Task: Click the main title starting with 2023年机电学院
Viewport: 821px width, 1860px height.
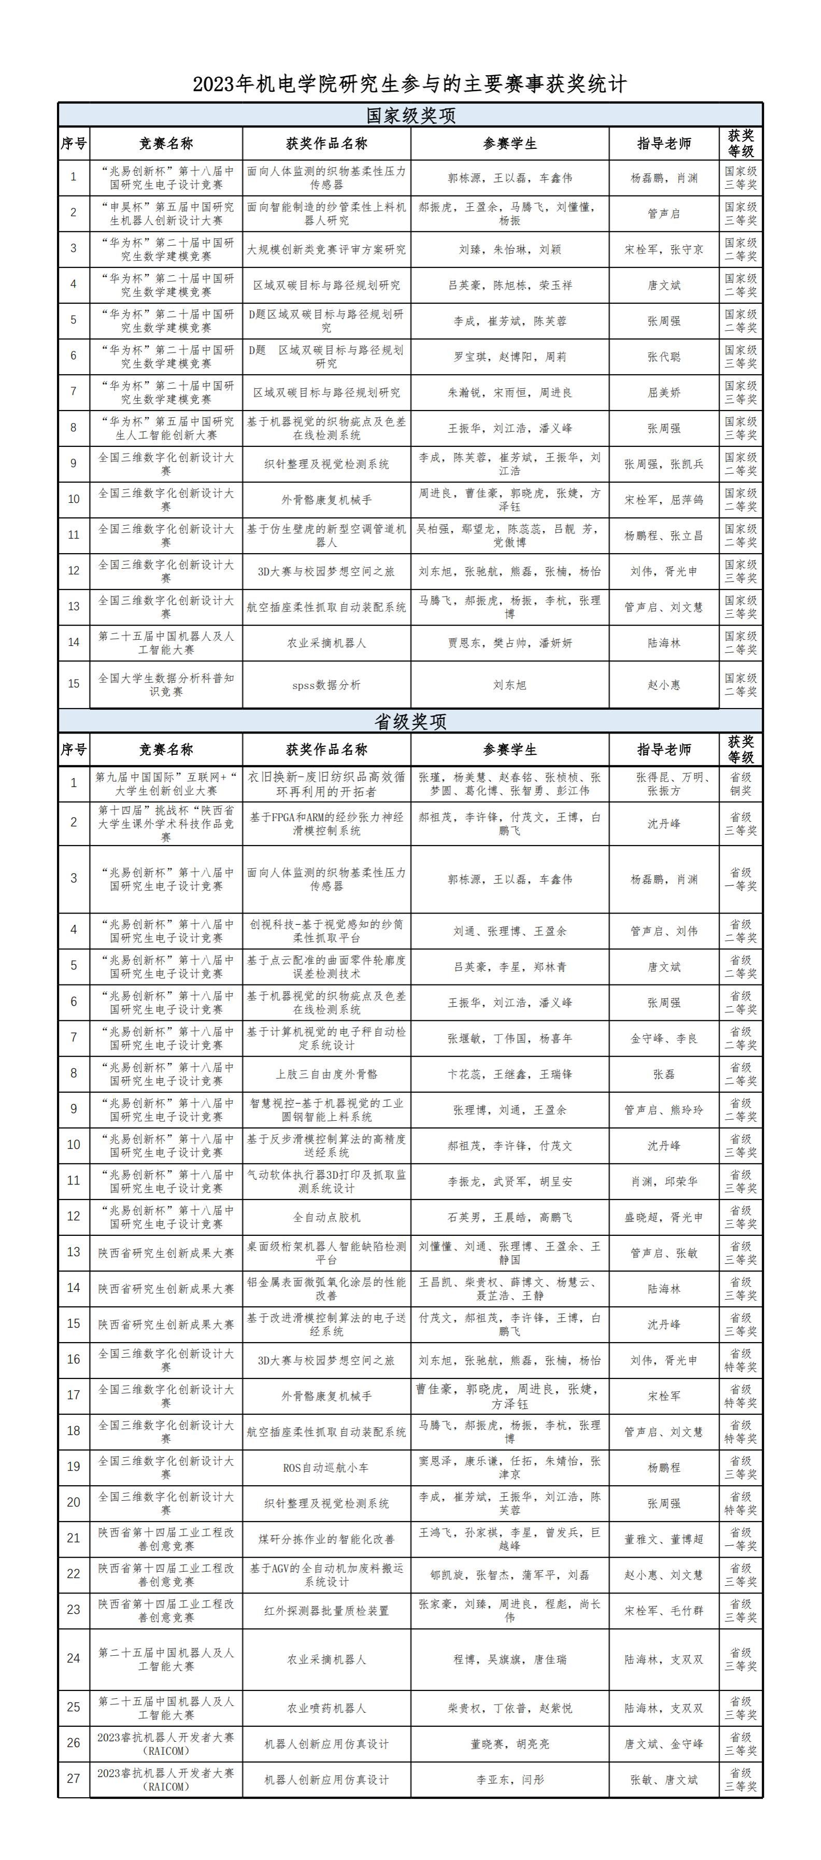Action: tap(409, 84)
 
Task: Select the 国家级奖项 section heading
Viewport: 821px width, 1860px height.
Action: tap(410, 116)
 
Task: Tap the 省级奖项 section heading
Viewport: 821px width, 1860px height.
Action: tap(410, 721)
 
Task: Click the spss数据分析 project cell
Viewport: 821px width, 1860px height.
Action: tap(327, 684)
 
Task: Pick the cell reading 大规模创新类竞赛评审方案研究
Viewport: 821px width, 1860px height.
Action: tap(327, 249)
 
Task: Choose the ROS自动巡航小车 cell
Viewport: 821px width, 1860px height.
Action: tap(327, 1467)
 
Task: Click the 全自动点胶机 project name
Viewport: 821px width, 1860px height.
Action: tap(327, 1217)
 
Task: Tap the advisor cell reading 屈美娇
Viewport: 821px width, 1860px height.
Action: tap(663, 392)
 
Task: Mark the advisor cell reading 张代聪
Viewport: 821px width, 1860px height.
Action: tap(663, 357)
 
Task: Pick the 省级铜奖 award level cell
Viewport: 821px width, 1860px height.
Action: tap(740, 783)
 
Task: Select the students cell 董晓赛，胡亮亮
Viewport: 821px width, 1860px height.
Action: tap(510, 1744)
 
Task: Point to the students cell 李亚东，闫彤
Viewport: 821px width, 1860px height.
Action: tap(510, 1779)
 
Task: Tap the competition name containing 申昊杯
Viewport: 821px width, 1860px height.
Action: tap(166, 214)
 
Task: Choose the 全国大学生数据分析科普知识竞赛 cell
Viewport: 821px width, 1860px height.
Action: tap(166, 684)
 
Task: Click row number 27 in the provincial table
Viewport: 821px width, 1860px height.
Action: tap(74, 1779)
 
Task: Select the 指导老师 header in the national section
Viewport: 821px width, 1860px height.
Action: tap(663, 144)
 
